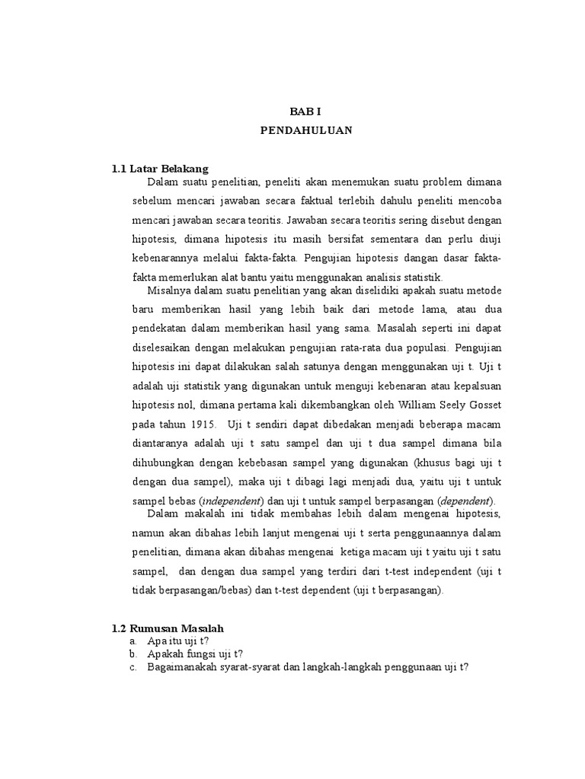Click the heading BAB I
point(306,111)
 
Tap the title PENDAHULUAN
point(306,130)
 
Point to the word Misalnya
point(168,290)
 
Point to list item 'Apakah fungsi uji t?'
point(195,654)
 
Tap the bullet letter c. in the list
point(133,667)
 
